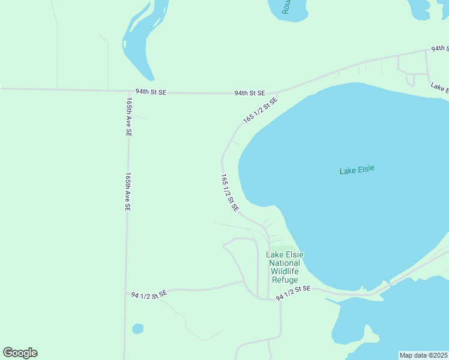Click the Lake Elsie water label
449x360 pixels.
tap(357, 170)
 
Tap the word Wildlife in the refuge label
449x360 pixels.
tap(285, 271)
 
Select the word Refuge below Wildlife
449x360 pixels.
tap(285, 280)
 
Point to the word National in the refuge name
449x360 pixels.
tap(285, 263)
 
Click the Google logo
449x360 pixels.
tap(20, 353)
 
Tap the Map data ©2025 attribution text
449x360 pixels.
tap(423, 355)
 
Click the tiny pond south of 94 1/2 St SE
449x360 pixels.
tap(138, 329)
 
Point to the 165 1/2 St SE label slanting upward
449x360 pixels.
tap(260, 110)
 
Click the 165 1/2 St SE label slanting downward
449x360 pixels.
tap(230, 193)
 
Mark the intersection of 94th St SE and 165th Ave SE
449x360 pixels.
tap(127, 92)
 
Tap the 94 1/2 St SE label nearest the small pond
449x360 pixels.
tap(148, 295)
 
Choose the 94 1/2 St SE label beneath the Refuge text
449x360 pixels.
tap(293, 293)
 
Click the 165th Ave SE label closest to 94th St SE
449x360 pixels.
tap(128, 117)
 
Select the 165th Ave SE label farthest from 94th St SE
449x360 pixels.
tap(127, 192)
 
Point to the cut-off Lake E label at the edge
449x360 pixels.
tap(439, 88)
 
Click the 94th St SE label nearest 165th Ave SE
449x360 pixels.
tap(151, 92)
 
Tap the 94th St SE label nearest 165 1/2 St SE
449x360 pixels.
tap(250, 93)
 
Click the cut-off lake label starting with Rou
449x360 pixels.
tap(286, 7)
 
